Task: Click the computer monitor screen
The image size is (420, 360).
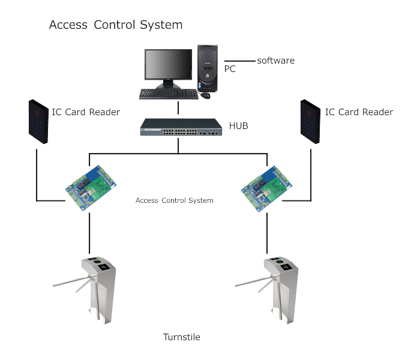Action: point(168,64)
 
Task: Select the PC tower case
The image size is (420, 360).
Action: point(208,68)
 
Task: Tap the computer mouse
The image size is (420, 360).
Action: point(205,95)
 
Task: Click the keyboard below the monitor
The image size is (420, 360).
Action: point(169,94)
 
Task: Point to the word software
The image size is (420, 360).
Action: point(275,61)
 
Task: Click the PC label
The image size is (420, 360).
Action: point(230,69)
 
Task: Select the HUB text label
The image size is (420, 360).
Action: point(238,125)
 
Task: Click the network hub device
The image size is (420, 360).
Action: point(181,127)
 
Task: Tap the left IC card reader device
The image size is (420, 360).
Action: point(38,122)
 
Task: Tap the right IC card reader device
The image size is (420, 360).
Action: point(310,122)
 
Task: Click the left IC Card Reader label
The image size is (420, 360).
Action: point(86,112)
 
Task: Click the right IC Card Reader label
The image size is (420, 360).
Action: point(359,112)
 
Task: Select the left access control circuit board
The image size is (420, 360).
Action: point(91,188)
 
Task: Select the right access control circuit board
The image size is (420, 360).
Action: point(266,189)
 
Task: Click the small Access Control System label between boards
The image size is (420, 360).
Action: point(175,200)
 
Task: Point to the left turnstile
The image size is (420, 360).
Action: point(88,290)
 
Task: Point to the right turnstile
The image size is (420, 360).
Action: point(271,290)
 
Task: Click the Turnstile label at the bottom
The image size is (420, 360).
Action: point(182,337)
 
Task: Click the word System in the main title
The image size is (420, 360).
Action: point(161,25)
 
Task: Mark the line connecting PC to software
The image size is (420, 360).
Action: point(240,61)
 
